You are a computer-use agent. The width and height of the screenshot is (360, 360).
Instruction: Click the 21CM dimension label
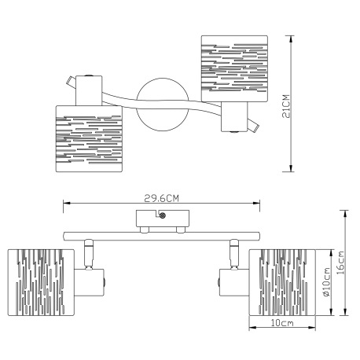pos(287,106)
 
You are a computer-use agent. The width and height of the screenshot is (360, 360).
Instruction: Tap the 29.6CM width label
pos(161,198)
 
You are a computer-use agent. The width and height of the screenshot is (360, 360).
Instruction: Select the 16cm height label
pos(340,263)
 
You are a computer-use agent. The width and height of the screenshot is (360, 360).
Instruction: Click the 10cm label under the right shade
pos(282,323)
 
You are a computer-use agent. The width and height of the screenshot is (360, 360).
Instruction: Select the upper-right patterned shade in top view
pos(234,68)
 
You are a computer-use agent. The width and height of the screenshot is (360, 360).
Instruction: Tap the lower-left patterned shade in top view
pos(89,138)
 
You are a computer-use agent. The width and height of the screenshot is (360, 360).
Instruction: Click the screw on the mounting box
pos(163,215)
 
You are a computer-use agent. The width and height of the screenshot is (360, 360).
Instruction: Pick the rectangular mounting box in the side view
pos(163,219)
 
